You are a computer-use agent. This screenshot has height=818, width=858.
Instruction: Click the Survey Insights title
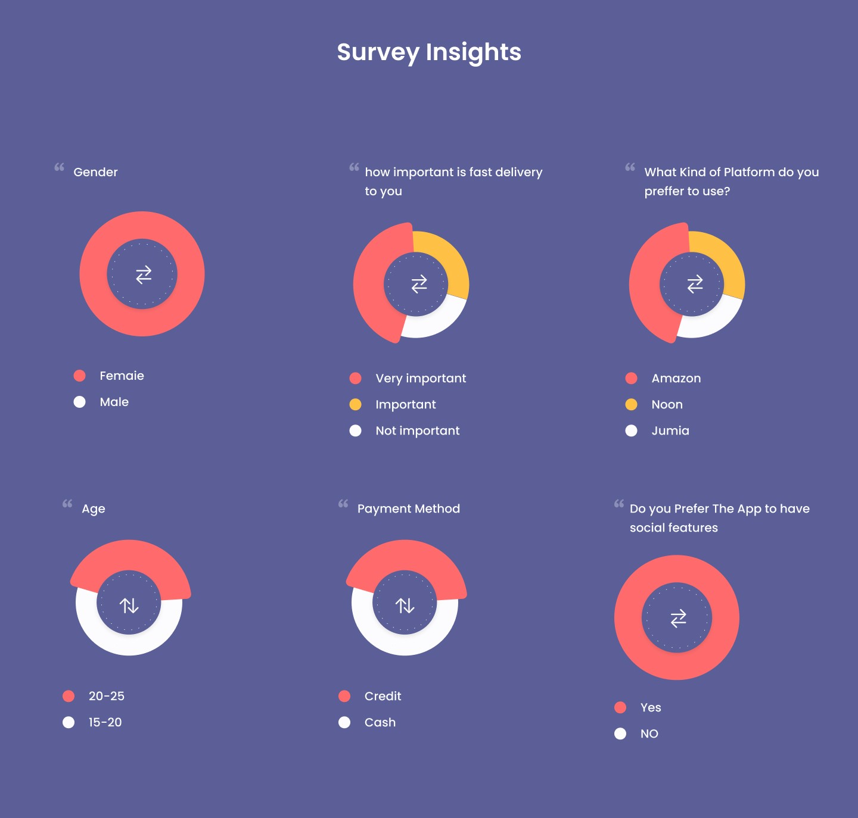429,52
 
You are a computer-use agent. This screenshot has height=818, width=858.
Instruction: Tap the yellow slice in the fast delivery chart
447,256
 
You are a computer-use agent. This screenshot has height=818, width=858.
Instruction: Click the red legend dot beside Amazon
632,378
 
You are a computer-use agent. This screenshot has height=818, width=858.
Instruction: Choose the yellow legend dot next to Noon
632,405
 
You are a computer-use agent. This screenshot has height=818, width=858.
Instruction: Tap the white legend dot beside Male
79,402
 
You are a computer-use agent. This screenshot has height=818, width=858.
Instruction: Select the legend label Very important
421,379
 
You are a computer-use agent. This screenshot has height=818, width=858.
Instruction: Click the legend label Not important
418,430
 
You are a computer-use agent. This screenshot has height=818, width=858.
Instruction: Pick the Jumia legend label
670,430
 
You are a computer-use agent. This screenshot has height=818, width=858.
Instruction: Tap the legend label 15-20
105,722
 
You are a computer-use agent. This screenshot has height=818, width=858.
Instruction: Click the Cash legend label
380,722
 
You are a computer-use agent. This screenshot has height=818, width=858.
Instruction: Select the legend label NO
649,733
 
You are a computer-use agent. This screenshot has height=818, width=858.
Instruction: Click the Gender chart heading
95,172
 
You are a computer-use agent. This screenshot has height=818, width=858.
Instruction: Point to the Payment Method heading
409,508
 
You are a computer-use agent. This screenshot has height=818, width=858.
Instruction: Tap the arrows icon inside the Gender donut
144,274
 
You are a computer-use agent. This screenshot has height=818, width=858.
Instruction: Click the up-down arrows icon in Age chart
129,605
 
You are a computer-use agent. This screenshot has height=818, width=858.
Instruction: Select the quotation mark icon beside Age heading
67,504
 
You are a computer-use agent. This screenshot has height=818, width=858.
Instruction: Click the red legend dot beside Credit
344,696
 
